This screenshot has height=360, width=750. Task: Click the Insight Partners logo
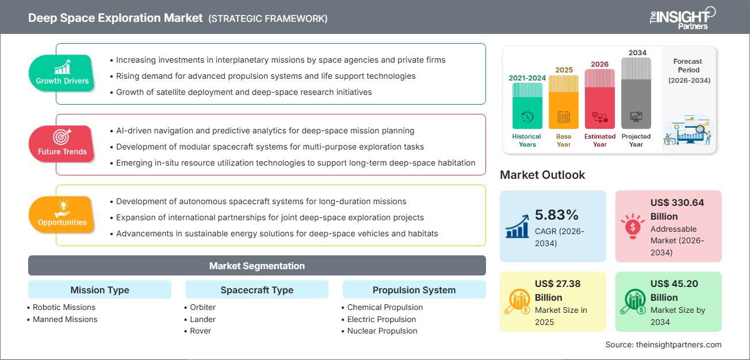tap(682, 18)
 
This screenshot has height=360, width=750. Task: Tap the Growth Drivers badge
tap(62, 73)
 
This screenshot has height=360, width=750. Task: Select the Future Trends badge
tap(62, 144)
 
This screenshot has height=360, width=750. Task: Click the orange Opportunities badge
tap(62, 215)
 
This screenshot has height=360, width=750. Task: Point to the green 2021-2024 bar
tap(527, 106)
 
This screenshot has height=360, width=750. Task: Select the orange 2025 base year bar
tap(564, 102)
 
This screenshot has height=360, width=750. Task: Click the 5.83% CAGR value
tap(556, 215)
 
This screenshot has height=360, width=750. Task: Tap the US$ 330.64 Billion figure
tap(677, 209)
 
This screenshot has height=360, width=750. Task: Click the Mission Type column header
tap(100, 290)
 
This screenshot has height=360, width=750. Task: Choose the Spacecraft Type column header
tap(257, 290)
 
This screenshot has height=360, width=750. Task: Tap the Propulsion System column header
tap(414, 290)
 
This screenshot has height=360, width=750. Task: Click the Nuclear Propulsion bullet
tap(382, 331)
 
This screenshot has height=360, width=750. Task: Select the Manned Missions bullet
tap(65, 319)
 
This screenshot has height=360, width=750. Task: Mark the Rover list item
tap(200, 331)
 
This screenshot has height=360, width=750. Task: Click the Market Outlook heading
tap(542, 175)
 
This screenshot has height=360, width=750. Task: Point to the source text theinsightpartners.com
tap(663, 344)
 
